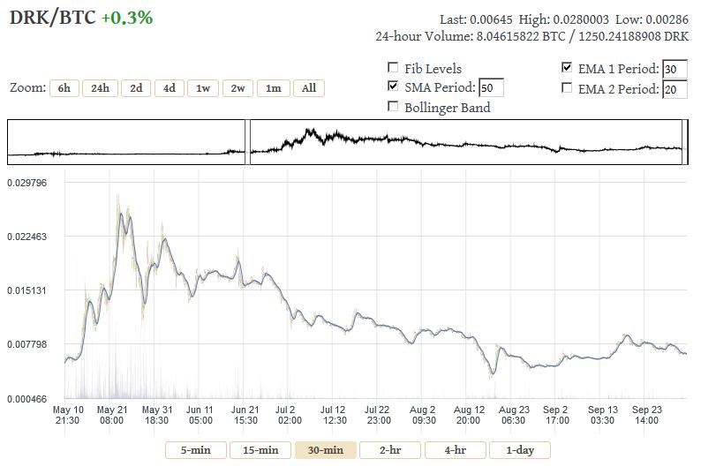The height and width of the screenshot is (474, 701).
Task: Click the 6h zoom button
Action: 64,88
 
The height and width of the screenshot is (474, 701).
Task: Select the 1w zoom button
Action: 203,88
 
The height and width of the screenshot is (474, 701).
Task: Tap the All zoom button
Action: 309,88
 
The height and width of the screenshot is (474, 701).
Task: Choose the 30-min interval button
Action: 325,450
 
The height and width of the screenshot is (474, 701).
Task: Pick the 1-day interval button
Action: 519,450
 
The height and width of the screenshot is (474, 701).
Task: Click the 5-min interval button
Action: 195,450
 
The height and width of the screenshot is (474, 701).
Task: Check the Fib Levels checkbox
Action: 393,68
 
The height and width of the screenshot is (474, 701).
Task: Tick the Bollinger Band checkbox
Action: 393,107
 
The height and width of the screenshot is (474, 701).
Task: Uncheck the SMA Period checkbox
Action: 393,87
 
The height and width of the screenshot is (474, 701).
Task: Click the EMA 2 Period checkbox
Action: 567,88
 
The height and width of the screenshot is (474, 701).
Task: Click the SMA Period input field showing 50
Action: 491,88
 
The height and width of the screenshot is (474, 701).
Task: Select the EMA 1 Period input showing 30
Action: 675,70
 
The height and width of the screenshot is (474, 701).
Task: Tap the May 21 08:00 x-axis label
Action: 112,415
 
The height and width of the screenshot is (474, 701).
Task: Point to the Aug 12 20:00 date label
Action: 468,415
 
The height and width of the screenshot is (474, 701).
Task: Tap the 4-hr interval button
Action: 455,450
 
